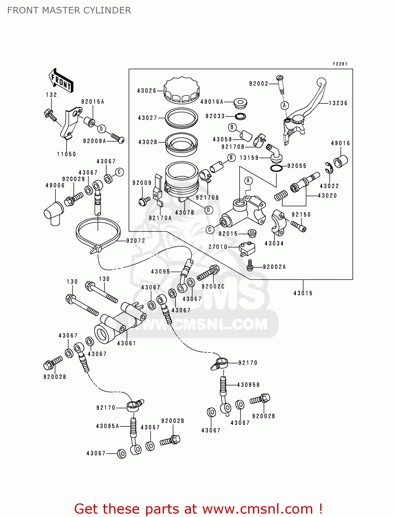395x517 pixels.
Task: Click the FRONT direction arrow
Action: click(x=61, y=81)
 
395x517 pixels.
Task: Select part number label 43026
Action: click(x=146, y=91)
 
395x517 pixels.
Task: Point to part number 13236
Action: click(x=338, y=103)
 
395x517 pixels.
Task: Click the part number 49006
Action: click(x=55, y=185)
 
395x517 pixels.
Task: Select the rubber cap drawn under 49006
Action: click(x=54, y=212)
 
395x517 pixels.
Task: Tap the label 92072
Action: click(x=135, y=241)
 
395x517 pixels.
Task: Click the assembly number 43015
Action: click(x=303, y=293)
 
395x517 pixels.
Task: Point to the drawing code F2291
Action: click(x=340, y=64)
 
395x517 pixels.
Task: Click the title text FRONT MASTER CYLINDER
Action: click(x=69, y=10)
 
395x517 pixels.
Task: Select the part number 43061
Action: click(x=126, y=343)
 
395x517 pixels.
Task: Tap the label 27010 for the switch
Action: click(x=218, y=247)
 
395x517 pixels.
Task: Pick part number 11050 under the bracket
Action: click(x=67, y=154)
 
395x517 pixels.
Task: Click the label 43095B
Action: click(x=248, y=385)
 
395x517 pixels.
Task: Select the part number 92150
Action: click(x=301, y=214)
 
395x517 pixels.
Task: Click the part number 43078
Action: click(x=184, y=213)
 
